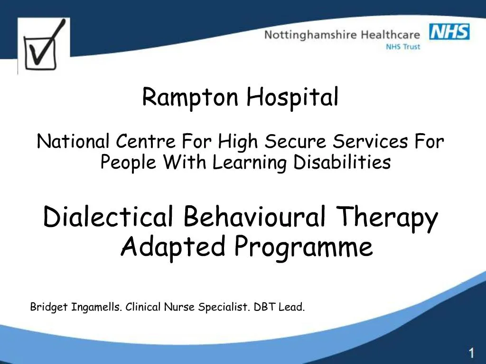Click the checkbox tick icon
[x=44, y=45]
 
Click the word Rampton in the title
[x=191, y=98]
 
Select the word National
[x=74, y=141]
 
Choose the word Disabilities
[x=341, y=163]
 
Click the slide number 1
[x=471, y=353]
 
